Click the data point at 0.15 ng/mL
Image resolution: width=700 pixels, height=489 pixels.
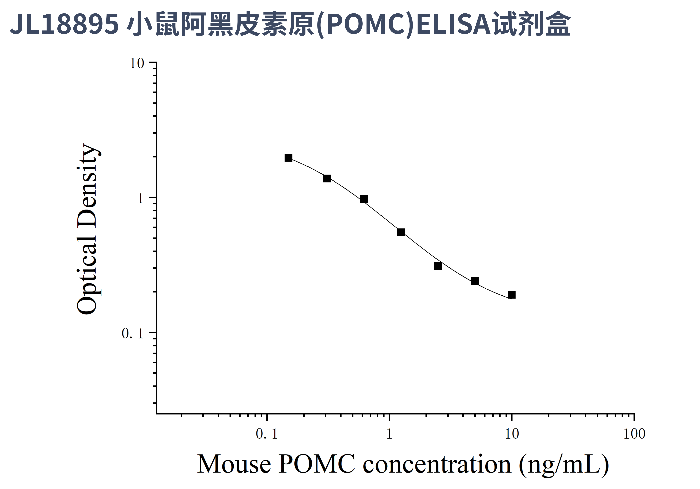point(288,158)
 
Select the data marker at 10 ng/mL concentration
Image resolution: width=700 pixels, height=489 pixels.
point(512,295)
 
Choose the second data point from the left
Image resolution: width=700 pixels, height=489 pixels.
point(327,178)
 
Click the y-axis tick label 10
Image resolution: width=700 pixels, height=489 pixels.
point(137,64)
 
